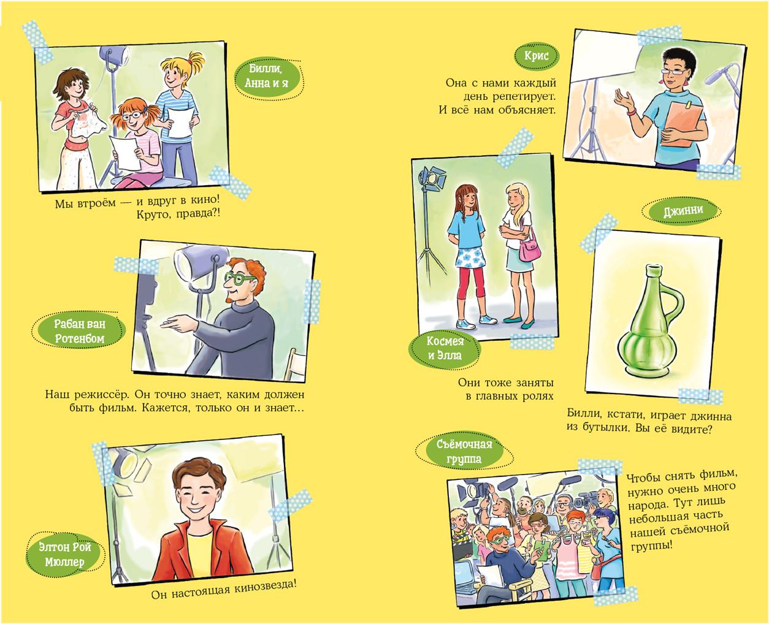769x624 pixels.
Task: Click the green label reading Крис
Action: pyautogui.click(x=537, y=56)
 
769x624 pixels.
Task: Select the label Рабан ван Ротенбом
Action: pyautogui.click(x=80, y=330)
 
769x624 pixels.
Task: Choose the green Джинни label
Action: pyautogui.click(x=683, y=210)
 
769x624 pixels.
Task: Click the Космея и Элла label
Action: pyautogui.click(x=445, y=348)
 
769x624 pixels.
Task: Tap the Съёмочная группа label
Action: pyautogui.click(x=464, y=452)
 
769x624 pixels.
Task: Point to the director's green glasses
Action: pyautogui.click(x=238, y=278)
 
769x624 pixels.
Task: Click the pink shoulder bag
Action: pyautogui.click(x=529, y=249)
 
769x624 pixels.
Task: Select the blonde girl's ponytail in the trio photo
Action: pyautogui.click(x=196, y=64)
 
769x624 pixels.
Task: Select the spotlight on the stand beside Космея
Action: pyautogui.click(x=432, y=178)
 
